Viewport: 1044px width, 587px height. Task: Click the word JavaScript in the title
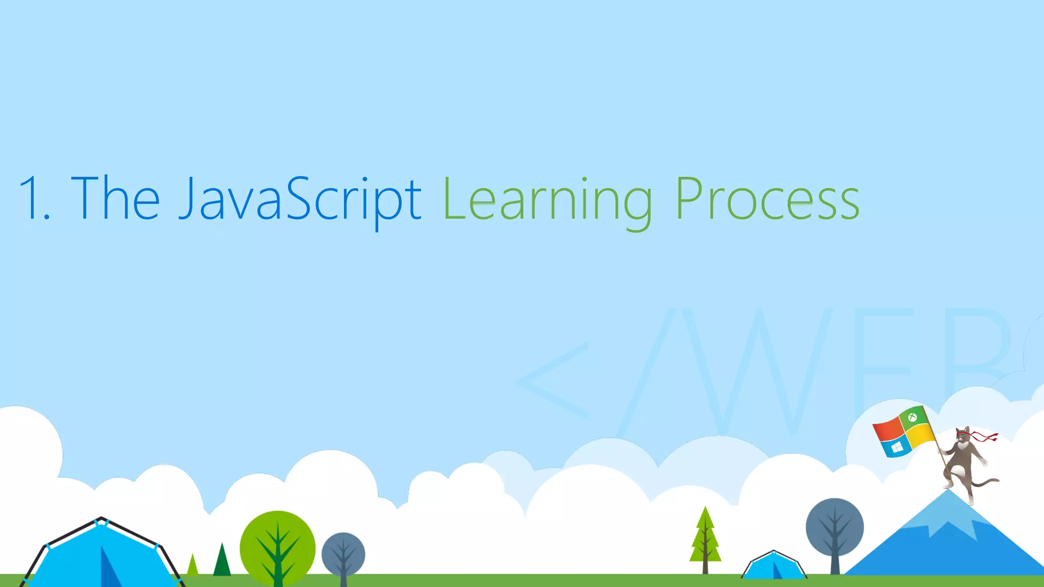(300, 199)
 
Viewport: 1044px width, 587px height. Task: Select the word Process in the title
(768, 199)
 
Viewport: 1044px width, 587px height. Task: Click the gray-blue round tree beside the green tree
(343, 554)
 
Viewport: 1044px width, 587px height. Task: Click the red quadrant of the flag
(888, 431)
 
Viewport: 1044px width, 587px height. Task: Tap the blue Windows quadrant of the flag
(896, 447)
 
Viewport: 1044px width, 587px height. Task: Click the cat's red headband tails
(985, 436)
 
